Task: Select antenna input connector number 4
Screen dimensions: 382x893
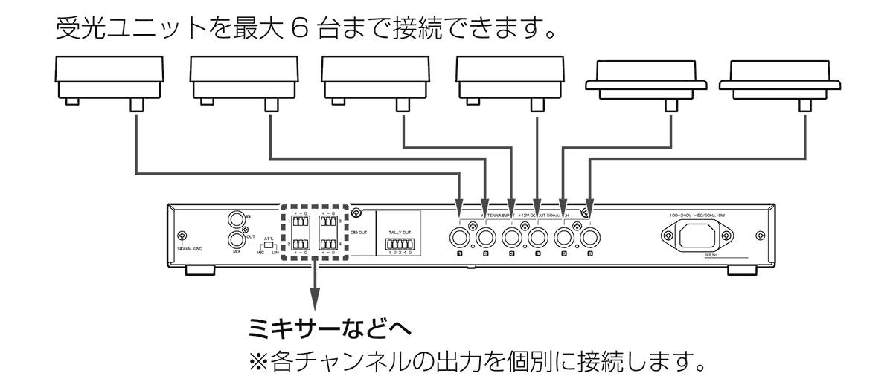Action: (537, 238)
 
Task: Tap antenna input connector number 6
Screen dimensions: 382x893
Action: (590, 238)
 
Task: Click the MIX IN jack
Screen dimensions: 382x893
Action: (237, 220)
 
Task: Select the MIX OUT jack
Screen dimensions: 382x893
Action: (237, 239)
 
